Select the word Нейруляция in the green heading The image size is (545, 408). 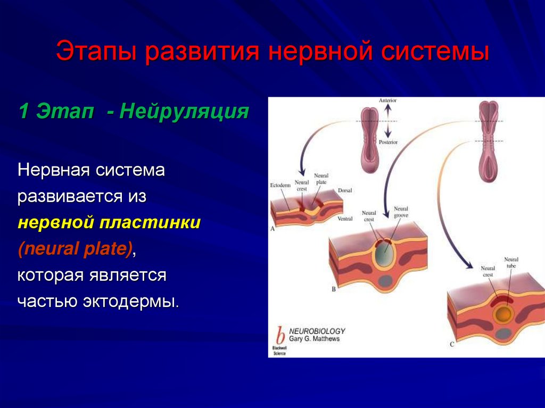[x=184, y=112]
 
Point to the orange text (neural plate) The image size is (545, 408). [x=75, y=249]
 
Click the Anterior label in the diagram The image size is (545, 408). [x=387, y=100]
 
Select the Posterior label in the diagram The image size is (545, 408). [x=388, y=142]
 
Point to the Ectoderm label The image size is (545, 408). [x=280, y=186]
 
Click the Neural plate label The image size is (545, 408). [x=321, y=179]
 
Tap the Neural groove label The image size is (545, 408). [x=401, y=213]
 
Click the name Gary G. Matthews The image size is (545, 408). [x=314, y=339]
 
